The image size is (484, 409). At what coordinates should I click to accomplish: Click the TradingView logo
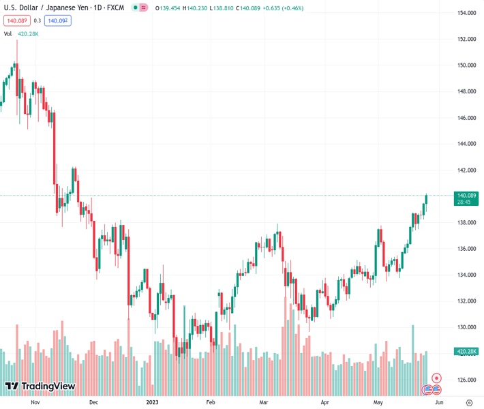[40, 387]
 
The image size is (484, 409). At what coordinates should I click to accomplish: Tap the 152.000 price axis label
[466, 40]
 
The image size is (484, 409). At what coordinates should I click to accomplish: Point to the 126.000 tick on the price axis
[466, 380]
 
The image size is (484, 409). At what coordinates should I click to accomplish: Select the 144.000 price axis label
[466, 144]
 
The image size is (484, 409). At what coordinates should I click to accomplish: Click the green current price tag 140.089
[466, 196]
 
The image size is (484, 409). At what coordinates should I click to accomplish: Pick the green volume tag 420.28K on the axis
[466, 352]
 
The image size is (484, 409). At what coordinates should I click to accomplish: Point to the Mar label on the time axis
[264, 403]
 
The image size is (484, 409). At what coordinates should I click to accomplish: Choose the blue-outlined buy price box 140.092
[57, 20]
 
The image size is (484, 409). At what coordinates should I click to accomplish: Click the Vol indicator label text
[8, 33]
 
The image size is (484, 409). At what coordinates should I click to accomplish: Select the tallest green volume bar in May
[412, 344]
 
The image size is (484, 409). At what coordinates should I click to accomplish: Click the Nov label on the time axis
[37, 403]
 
